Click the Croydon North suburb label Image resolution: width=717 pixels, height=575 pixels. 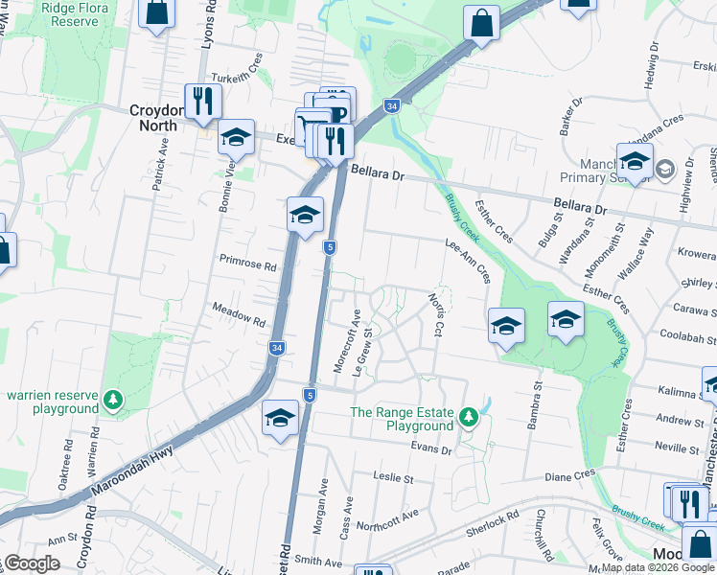pyautogui.click(x=154, y=117)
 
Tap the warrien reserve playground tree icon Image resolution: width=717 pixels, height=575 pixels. pyautogui.click(x=113, y=398)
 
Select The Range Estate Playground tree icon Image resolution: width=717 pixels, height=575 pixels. pyautogui.click(x=468, y=416)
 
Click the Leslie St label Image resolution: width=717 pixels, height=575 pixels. pyautogui.click(x=393, y=477)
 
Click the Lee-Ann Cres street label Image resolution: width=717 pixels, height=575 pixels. pyautogui.click(x=469, y=261)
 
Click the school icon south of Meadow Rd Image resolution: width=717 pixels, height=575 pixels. pyautogui.click(x=280, y=418)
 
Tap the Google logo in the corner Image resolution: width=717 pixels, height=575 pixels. pyautogui.click(x=31, y=563)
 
